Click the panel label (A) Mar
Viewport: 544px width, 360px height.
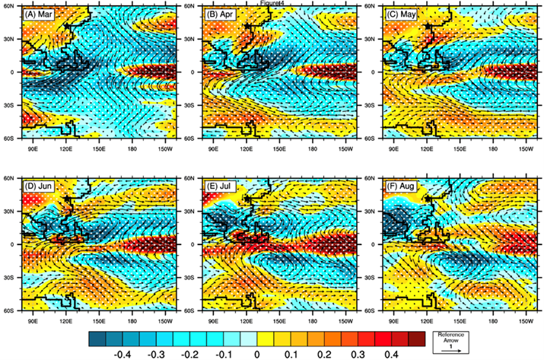40,15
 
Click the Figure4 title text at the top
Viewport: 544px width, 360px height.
272,3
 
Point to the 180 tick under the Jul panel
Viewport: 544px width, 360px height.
313,317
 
